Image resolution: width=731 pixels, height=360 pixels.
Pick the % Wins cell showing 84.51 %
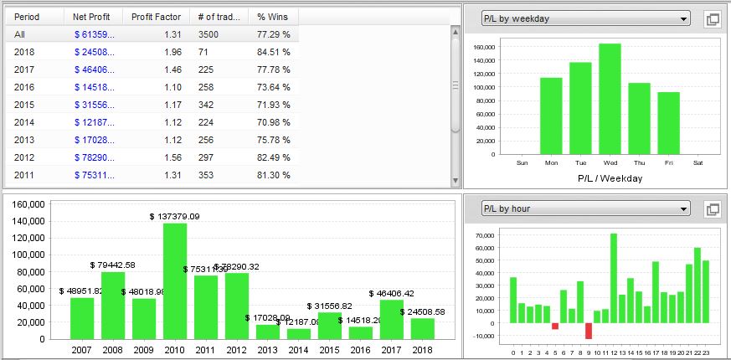tap(274, 52)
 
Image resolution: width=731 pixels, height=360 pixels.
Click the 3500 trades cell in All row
tap(208, 34)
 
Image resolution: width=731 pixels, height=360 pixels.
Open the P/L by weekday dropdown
tap(585, 18)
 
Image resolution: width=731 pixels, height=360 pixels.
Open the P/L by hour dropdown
tap(585, 208)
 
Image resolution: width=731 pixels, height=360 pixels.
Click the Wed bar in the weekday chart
tap(610, 99)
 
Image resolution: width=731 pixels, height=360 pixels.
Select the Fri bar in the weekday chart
tap(668, 123)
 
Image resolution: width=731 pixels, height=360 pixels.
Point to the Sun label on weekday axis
tap(523, 162)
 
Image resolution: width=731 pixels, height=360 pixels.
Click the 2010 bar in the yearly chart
tap(175, 280)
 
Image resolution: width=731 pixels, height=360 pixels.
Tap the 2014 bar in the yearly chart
tap(299, 333)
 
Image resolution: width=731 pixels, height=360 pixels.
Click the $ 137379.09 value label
tap(175, 216)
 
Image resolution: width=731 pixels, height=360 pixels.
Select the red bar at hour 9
tap(588, 331)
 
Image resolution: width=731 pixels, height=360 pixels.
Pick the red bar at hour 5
tap(554, 326)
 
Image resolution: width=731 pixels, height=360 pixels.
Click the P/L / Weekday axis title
tap(595, 178)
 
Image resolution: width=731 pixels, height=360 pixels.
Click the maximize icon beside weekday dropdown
tap(713, 19)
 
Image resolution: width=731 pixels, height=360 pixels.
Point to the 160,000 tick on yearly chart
tap(28, 203)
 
